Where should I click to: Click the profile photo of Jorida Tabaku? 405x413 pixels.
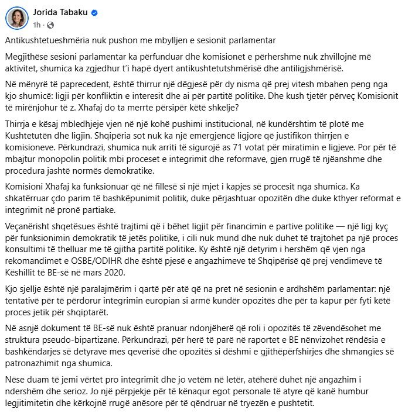(17, 18)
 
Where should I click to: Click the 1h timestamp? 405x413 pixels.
(36, 25)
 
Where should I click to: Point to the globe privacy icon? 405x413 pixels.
(49, 25)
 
